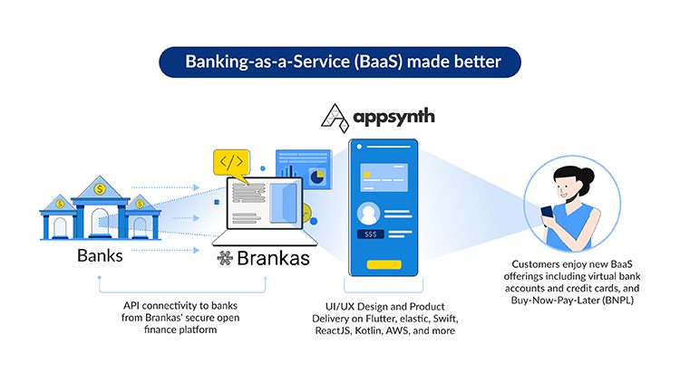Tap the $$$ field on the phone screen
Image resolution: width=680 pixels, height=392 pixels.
tap(371, 234)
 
